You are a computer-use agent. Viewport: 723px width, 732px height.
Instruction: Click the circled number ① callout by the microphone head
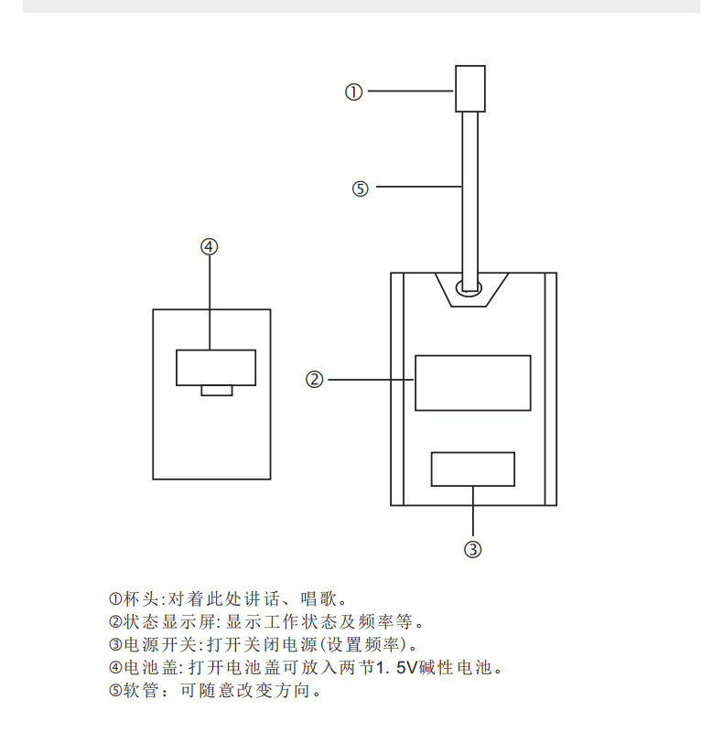(353, 92)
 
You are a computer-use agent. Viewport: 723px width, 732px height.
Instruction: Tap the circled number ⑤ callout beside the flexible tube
(360, 188)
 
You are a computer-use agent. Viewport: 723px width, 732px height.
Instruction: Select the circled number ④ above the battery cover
(210, 246)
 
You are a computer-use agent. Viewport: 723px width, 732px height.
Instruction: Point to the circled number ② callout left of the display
(314, 379)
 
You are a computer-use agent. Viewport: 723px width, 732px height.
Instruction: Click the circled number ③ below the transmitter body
(472, 549)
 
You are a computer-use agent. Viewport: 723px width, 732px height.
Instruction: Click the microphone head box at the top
(470, 89)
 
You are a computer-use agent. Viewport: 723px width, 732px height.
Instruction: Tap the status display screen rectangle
(472, 382)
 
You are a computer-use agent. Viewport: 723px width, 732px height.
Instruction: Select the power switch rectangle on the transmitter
(472, 469)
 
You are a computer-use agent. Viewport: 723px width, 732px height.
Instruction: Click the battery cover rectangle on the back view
(216, 368)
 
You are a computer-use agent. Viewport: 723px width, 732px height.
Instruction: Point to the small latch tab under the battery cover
(217, 391)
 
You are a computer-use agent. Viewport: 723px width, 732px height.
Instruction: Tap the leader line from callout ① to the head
(411, 91)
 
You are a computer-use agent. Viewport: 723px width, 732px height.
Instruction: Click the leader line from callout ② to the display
(372, 380)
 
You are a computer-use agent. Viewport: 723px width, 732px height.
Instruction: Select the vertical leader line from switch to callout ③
(472, 511)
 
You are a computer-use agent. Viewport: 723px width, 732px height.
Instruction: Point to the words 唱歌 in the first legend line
(318, 598)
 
